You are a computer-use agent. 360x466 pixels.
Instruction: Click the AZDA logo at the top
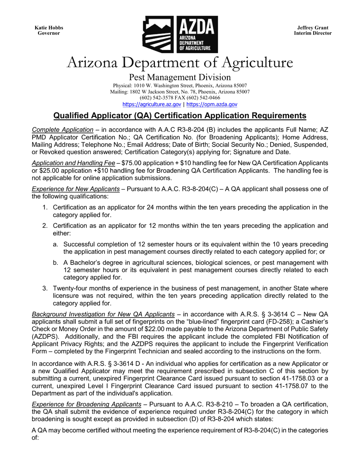180,34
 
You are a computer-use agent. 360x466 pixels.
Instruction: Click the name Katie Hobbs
49,28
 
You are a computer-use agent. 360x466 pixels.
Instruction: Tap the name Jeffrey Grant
313,28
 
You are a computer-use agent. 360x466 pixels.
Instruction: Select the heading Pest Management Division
180,77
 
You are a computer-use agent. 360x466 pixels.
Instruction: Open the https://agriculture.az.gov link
152,104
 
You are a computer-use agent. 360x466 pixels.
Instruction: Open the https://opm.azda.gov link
212,104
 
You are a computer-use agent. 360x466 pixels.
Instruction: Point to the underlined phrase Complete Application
63,130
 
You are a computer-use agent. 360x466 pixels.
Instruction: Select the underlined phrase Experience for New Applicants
76,189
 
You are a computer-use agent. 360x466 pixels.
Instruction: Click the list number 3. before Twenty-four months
45,288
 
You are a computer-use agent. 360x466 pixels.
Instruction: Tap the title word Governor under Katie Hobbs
49,33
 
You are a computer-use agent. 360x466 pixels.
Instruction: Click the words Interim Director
313,33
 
